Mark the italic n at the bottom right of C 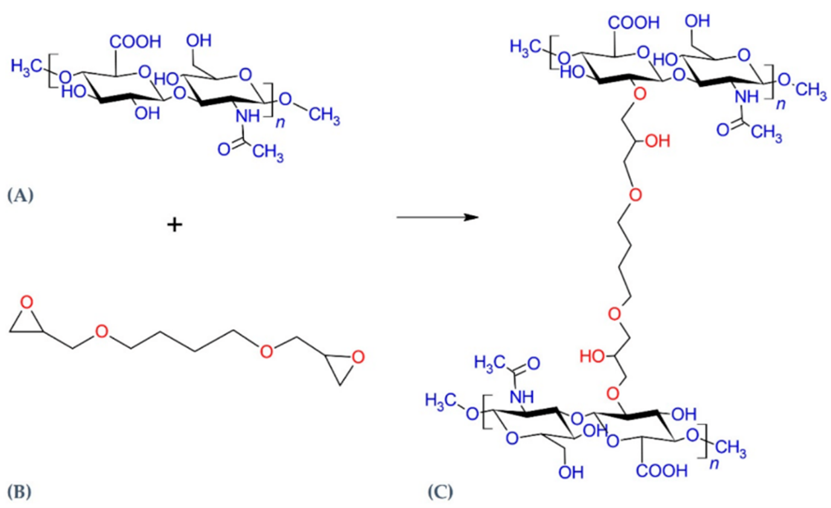[x=715, y=469]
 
